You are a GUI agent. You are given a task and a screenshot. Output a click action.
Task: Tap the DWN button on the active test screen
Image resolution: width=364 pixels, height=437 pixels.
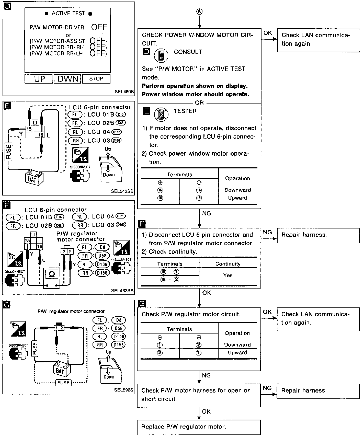[x=67, y=79]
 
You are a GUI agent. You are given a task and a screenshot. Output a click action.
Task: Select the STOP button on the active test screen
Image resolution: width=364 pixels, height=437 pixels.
[x=96, y=79]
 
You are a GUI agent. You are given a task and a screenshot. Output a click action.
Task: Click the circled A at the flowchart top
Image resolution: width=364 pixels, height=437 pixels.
[x=199, y=11]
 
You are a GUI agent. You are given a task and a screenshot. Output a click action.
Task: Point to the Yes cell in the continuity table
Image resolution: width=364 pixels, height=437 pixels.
[x=228, y=275]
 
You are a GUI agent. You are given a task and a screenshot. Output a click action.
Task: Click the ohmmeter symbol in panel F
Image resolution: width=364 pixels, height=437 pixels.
[x=52, y=275]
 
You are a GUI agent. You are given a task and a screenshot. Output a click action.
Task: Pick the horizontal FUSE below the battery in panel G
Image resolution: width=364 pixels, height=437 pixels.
[x=63, y=383]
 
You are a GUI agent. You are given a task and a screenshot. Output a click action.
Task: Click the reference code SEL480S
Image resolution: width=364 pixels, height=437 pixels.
[x=124, y=92]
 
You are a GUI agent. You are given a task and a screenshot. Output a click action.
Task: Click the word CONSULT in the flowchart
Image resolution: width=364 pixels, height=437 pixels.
[x=188, y=52]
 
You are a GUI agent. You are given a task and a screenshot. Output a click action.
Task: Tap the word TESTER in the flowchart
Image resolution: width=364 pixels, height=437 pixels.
[x=185, y=111]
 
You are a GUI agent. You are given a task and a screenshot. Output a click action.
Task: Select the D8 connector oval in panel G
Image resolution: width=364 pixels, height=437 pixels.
[x=119, y=320]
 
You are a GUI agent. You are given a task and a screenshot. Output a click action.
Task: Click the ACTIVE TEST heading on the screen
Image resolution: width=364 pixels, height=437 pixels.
[x=68, y=14]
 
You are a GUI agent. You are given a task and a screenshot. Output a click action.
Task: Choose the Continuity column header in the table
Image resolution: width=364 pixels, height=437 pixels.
[x=228, y=264]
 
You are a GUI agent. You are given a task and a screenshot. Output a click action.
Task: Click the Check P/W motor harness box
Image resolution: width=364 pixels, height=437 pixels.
[x=199, y=395]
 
